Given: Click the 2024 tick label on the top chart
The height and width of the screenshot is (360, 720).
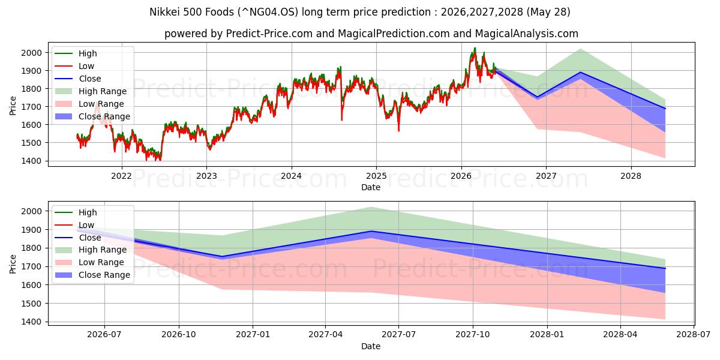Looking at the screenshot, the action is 291,176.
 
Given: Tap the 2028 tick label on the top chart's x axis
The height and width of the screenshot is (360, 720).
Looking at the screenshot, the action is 631,176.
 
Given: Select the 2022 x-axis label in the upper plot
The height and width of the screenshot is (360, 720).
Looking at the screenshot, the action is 121,176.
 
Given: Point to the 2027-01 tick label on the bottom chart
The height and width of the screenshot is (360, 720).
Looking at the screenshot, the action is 253,335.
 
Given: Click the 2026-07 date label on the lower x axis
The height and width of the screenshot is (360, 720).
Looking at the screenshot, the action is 104,335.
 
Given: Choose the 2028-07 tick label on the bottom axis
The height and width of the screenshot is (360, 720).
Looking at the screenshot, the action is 694,335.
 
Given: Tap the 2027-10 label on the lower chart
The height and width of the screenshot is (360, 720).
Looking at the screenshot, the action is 473,335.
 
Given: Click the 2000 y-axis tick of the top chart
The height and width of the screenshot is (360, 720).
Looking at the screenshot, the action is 31,53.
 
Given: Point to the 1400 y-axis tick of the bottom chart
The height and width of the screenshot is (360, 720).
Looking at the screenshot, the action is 31,322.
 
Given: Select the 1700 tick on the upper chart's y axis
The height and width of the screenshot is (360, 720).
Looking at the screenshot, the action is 31,107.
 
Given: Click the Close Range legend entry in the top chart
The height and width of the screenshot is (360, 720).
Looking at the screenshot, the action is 92,116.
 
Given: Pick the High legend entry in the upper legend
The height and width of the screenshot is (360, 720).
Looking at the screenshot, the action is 76,53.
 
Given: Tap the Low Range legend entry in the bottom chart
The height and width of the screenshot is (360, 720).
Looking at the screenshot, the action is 89,262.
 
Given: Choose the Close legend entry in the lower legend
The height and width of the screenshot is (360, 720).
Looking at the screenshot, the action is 78,238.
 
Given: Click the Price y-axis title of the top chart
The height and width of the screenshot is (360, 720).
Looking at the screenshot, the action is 13,106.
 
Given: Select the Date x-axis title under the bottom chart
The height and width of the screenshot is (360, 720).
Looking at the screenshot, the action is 371,346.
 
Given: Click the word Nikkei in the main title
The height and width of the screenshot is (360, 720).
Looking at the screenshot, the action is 165,12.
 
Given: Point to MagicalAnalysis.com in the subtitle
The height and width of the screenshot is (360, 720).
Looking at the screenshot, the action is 527,34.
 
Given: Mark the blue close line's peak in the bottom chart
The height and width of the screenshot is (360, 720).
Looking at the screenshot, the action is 371,231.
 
